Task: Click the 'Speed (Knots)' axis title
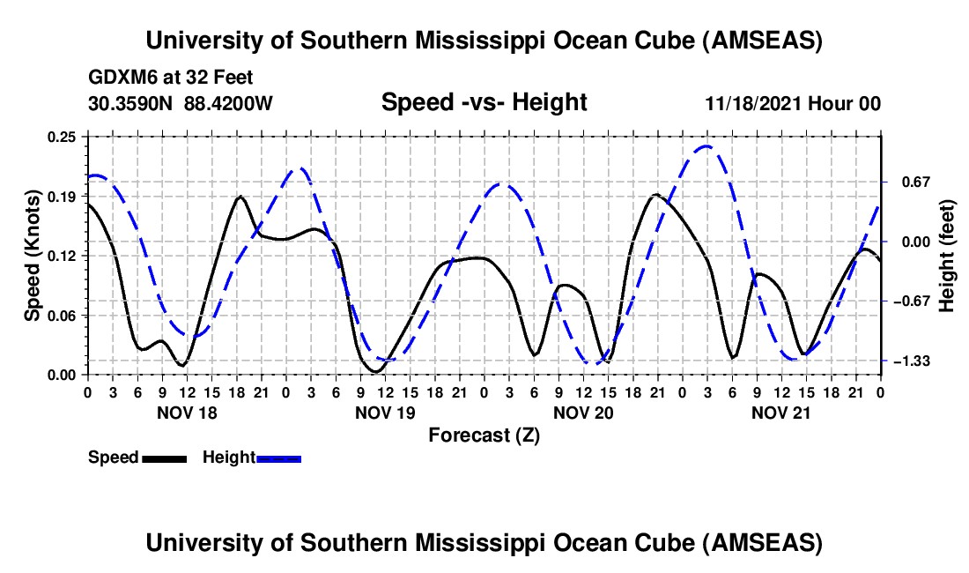point(33,256)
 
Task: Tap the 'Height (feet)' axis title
point(947,256)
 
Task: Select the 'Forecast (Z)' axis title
point(484,435)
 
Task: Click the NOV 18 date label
point(186,412)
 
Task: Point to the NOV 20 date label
point(583,412)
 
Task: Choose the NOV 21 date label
point(781,412)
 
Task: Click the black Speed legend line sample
point(164,458)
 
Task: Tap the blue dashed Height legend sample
point(279,458)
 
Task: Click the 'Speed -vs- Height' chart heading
point(484,102)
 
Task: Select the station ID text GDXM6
point(118,78)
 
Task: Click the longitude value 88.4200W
point(228,104)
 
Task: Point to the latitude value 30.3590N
point(132,104)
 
